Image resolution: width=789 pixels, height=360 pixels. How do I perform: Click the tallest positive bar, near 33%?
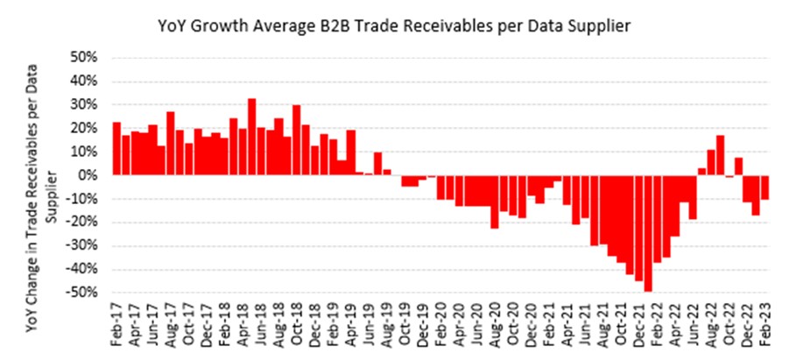coord(252,137)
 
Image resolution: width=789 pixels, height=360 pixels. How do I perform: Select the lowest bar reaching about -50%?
coord(648,233)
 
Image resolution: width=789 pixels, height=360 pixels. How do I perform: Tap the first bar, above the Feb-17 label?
coord(116,149)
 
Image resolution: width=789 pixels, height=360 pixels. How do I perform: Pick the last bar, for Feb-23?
coord(764,187)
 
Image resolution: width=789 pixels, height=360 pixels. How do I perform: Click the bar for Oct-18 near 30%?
coord(297,140)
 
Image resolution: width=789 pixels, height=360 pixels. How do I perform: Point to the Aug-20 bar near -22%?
coord(495,201)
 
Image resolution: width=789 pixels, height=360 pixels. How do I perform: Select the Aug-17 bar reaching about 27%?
coord(171,144)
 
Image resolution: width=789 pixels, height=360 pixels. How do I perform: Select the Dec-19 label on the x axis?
coord(423,321)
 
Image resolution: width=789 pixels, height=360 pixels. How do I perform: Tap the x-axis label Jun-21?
coord(585,321)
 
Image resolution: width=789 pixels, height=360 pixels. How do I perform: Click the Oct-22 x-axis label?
coord(729,321)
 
